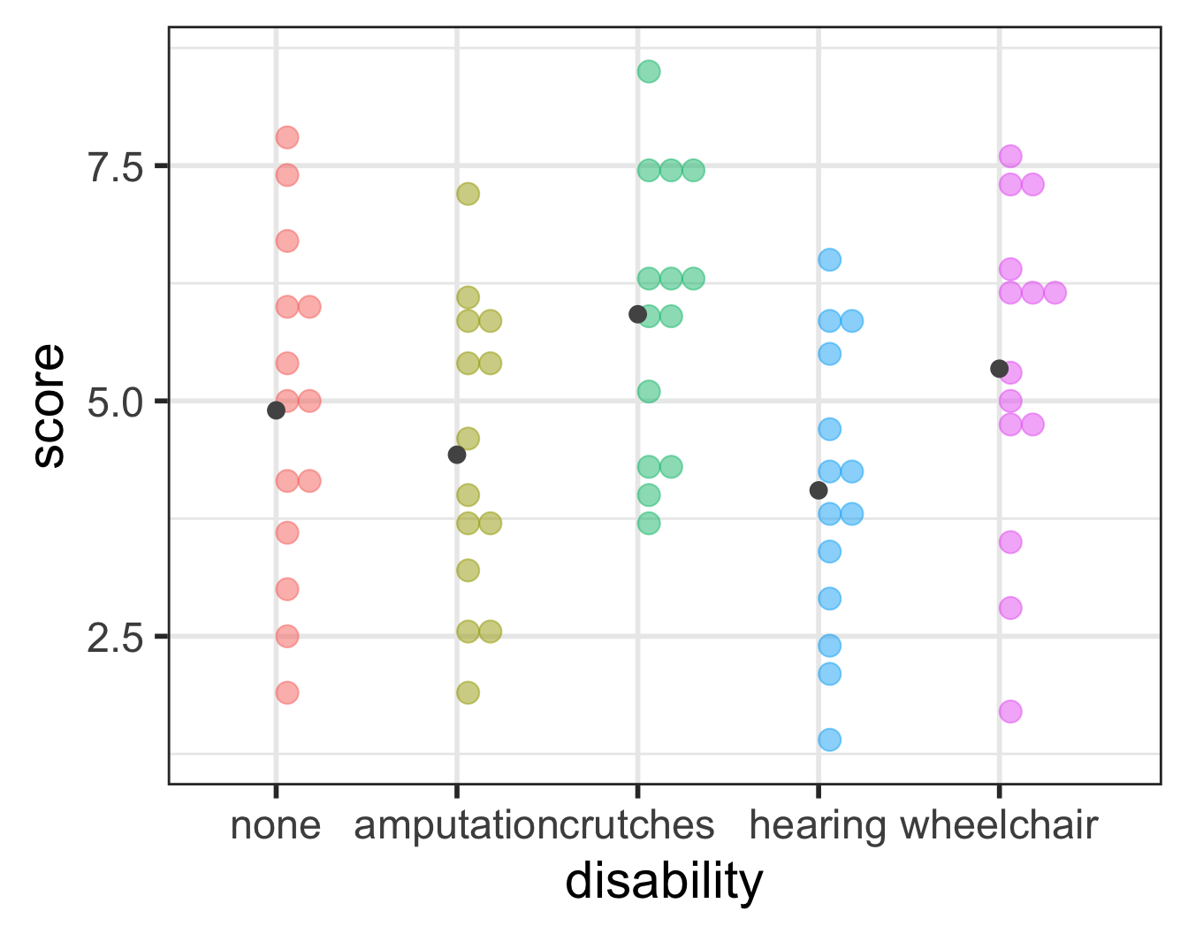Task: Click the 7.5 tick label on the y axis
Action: [x=115, y=165]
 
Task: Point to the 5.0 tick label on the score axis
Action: [x=115, y=401]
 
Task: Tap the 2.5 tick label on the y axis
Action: [x=115, y=636]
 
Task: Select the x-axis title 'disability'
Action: [x=664, y=882]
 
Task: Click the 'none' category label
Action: [x=275, y=825]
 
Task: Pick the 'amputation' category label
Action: [x=456, y=825]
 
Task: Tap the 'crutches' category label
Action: [x=637, y=825]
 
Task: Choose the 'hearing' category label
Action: [x=818, y=825]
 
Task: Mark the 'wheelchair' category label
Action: [x=999, y=825]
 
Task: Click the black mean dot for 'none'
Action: [x=276, y=410]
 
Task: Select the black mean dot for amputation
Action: [x=457, y=455]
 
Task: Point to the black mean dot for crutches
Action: [x=637, y=314]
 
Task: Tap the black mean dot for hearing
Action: [x=819, y=490]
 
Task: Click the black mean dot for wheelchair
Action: [x=1000, y=368]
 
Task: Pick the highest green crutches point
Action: [x=649, y=72]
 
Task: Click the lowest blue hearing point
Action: [x=829, y=739]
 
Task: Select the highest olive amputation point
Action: [x=468, y=194]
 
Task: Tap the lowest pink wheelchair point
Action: [x=1010, y=711]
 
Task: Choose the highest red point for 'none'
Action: [x=287, y=137]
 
